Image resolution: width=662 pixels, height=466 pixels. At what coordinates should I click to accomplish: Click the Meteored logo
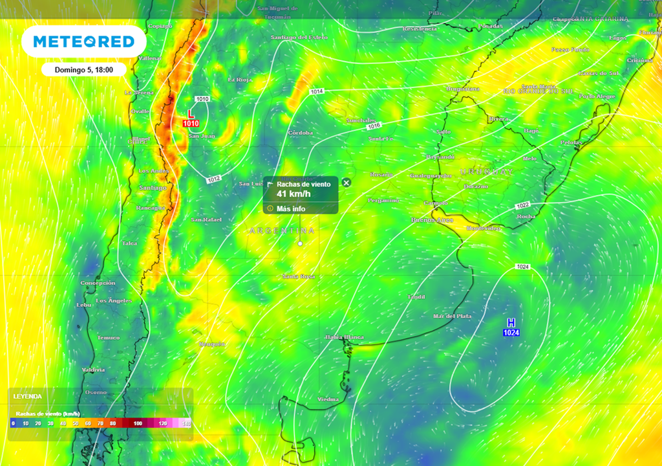coord(84,42)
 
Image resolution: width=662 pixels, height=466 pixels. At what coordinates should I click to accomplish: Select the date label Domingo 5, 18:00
coord(84,69)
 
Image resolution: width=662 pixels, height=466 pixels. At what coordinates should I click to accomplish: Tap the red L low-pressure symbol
coord(191,113)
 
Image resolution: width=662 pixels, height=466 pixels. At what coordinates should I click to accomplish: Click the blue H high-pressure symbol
coord(511,322)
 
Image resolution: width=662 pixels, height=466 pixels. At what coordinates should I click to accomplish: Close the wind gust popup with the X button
coord(346,183)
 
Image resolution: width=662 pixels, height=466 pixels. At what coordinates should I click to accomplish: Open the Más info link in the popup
coord(291,208)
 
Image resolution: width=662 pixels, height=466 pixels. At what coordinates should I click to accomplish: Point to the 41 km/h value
coord(295,194)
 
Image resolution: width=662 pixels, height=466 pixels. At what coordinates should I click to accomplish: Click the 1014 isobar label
coord(316,92)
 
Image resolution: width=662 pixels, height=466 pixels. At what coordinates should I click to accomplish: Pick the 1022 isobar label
coord(523,205)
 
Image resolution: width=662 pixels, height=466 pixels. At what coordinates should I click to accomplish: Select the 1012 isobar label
coord(215,179)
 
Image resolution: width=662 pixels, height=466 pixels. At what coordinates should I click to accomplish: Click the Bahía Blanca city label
coord(345,337)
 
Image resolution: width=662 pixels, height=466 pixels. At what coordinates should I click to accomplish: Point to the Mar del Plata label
coord(453,316)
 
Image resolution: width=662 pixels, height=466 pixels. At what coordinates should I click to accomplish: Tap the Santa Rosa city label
coord(298,276)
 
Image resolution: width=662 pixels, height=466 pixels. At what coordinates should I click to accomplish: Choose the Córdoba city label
coord(300,133)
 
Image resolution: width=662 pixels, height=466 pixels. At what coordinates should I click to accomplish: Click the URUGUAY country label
coord(486,172)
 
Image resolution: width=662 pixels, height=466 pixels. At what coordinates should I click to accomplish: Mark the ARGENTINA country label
coord(282,230)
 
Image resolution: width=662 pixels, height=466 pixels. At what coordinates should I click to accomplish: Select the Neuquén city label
coord(212,343)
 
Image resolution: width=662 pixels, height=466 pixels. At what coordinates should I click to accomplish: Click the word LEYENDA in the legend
coord(27,396)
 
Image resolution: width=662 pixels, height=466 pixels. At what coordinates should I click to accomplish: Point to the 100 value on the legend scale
coord(138,423)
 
